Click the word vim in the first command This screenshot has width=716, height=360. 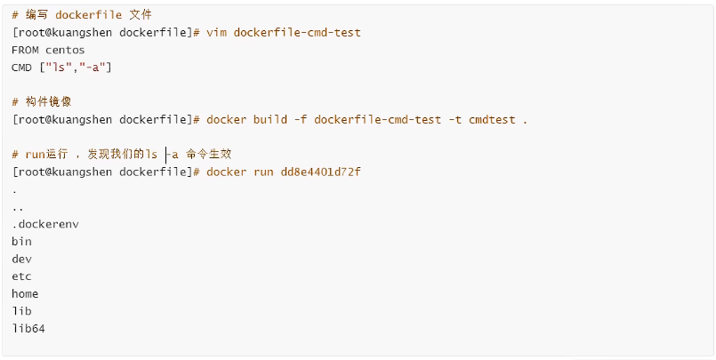tap(216, 33)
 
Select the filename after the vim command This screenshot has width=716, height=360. tap(297, 33)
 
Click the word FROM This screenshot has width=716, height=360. tap(25, 50)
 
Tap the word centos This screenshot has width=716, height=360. tap(65, 50)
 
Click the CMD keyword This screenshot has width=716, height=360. tap(22, 68)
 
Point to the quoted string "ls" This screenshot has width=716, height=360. tap(59, 68)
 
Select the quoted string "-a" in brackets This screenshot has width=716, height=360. tap(93, 68)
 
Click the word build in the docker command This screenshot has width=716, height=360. tap(270, 120)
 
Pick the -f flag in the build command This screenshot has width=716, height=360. tap(301, 120)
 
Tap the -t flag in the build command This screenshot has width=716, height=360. tap(455, 120)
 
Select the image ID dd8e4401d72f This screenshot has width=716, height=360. tap(320, 172)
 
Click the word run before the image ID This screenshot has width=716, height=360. tap(263, 172)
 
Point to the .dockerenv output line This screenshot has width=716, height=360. tap(45, 225)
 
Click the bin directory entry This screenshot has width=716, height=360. tap(22, 242)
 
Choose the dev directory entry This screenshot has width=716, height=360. tap(22, 260)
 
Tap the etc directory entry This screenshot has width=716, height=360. tap(22, 276)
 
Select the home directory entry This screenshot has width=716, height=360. tap(25, 294)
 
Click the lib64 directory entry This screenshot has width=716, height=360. tap(28, 329)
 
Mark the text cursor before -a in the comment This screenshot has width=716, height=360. tap(165, 155)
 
